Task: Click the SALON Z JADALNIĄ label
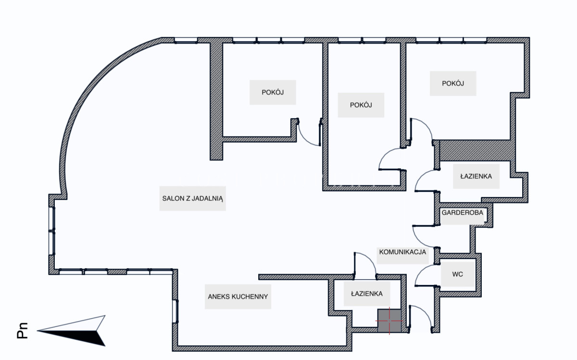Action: [x=192, y=199]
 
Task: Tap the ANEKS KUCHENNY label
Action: [x=238, y=297]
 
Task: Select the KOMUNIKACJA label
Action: [x=402, y=252]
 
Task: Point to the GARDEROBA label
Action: [x=463, y=213]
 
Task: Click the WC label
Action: [x=457, y=274]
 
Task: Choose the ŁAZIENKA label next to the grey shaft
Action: [x=367, y=294]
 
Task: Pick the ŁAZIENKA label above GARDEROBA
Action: [x=476, y=176]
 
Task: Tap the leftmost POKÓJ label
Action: [x=273, y=92]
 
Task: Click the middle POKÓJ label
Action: [x=361, y=105]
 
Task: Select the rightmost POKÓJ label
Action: [x=453, y=83]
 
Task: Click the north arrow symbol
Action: [x=71, y=331]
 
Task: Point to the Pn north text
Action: [x=22, y=330]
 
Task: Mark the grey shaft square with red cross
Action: [x=389, y=321]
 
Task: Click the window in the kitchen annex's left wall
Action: [x=175, y=311]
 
